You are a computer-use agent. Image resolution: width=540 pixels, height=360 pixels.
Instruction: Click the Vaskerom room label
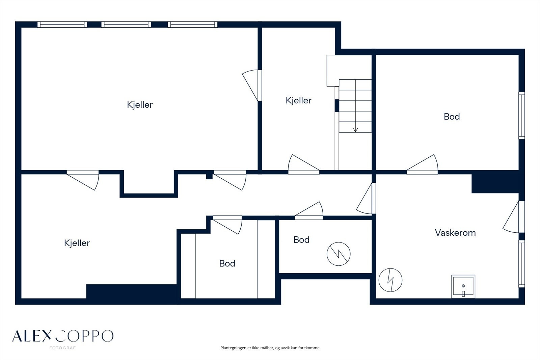(455, 233)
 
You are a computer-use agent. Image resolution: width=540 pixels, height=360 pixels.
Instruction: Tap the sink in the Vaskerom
(463, 287)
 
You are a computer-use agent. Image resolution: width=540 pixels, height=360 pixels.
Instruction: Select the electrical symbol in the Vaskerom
(390, 280)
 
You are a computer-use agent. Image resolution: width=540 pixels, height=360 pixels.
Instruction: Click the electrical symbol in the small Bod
(339, 254)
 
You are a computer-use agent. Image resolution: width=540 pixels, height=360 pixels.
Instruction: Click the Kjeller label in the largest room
(140, 105)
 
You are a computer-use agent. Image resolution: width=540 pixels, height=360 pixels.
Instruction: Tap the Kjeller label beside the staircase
(298, 101)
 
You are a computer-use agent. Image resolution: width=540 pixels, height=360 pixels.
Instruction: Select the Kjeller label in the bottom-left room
(77, 243)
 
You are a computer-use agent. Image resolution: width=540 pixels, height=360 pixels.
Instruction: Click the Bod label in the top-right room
(452, 117)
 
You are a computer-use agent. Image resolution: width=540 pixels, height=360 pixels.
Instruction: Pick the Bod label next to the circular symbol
(301, 240)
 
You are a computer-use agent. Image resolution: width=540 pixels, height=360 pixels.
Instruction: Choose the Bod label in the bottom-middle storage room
(227, 263)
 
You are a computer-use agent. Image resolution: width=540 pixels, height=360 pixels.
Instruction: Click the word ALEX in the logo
(32, 336)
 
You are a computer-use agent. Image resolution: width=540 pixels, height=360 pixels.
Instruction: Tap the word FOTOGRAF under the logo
(62, 348)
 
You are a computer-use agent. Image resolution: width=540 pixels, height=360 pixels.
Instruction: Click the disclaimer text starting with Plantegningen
(270, 348)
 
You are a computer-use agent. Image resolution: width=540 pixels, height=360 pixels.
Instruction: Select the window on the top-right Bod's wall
(522, 115)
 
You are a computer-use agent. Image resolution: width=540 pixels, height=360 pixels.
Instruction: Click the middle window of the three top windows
(126, 25)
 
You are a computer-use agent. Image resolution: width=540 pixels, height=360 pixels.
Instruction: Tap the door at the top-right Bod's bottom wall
(422, 164)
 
